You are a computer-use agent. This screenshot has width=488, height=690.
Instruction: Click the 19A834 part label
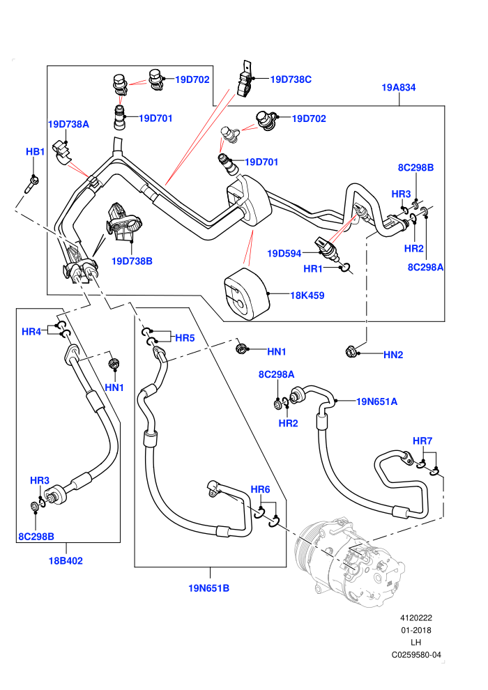click(398, 88)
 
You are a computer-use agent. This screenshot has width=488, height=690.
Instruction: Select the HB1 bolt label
click(35, 152)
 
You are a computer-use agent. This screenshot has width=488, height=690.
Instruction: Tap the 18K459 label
click(307, 296)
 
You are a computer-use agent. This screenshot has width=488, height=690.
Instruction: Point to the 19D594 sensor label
click(284, 254)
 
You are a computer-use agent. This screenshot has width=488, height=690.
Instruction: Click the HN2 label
click(393, 355)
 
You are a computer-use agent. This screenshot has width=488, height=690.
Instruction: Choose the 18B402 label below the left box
click(66, 560)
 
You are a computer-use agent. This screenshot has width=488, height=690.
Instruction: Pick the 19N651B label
click(208, 588)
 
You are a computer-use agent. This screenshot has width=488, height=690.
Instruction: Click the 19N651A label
click(376, 401)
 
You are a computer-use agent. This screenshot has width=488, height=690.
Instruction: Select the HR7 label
click(422, 441)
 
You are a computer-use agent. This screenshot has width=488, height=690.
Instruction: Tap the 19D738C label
click(291, 79)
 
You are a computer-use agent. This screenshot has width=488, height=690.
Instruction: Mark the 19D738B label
click(132, 261)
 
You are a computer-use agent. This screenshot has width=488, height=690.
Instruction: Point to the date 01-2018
click(416, 630)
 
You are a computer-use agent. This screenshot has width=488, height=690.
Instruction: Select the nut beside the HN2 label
click(351, 351)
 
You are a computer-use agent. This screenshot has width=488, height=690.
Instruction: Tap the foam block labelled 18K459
click(246, 293)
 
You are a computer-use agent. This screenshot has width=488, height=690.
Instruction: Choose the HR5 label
click(185, 338)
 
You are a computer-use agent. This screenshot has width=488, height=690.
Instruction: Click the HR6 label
click(260, 489)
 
